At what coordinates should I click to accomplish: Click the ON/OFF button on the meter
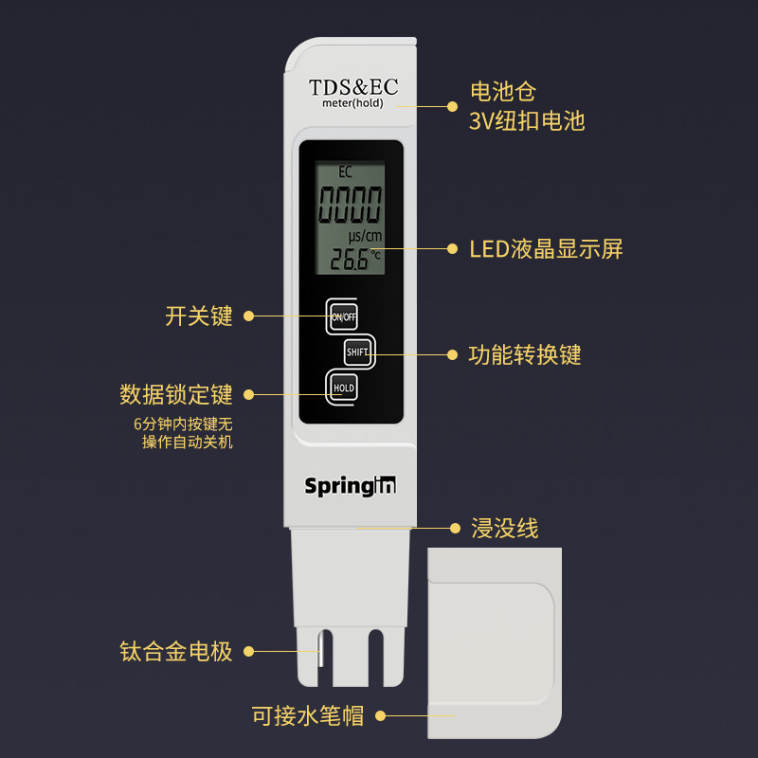pyautogui.click(x=343, y=316)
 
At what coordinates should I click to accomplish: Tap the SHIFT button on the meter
pyautogui.click(x=358, y=352)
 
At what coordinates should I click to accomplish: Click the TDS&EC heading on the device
pyautogui.click(x=353, y=87)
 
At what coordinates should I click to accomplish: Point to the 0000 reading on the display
pyautogui.click(x=351, y=204)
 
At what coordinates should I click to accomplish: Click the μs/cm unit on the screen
pyautogui.click(x=364, y=235)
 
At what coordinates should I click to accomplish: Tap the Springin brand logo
pyautogui.click(x=351, y=486)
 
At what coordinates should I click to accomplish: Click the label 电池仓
pyautogui.click(x=503, y=92)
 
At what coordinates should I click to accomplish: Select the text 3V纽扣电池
pyautogui.click(x=527, y=121)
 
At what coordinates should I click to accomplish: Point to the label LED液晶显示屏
pyautogui.click(x=547, y=249)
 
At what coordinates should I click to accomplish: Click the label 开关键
pyautogui.click(x=199, y=316)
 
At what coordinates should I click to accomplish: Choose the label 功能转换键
pyautogui.click(x=525, y=355)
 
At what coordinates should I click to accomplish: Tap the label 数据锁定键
pyautogui.click(x=176, y=394)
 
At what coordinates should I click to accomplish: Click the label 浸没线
pyautogui.click(x=505, y=529)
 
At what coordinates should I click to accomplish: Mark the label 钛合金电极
pyautogui.click(x=176, y=652)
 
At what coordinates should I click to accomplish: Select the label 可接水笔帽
pyautogui.click(x=308, y=716)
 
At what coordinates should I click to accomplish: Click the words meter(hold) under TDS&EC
pyautogui.click(x=352, y=103)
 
